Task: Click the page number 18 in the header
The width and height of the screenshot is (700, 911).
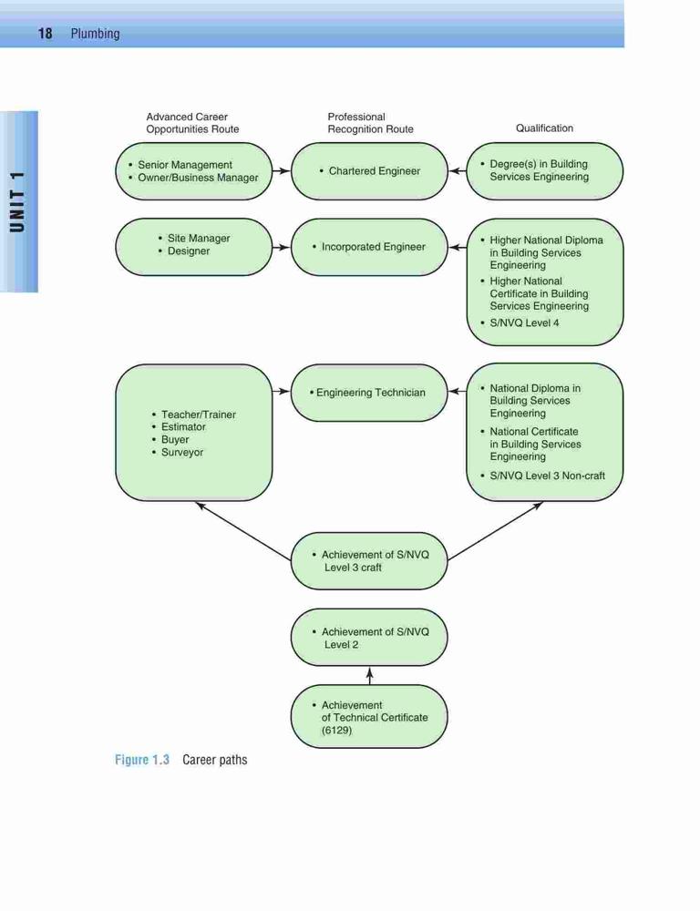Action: tap(45, 34)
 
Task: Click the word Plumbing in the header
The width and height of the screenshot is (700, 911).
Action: tap(96, 34)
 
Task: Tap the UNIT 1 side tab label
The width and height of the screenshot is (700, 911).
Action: tap(18, 202)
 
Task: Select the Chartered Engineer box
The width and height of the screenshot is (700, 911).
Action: tap(369, 171)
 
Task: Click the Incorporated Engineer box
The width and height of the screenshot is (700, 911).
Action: tap(369, 247)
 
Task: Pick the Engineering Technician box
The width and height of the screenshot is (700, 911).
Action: tap(369, 393)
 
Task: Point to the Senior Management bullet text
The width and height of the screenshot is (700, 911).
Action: tap(185, 165)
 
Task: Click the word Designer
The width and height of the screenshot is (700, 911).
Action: tap(189, 251)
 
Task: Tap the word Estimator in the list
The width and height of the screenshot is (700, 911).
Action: tap(183, 426)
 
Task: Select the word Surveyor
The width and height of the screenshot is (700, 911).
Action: tap(182, 452)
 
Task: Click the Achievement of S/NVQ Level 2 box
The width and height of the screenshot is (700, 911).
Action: tap(369, 638)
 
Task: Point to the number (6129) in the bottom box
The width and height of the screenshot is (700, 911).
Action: tap(336, 731)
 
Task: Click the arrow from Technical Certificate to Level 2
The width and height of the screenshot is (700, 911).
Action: tap(370, 676)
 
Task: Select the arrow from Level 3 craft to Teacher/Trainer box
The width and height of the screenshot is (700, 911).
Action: tap(243, 531)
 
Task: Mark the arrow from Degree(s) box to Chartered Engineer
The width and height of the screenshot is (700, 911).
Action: tap(458, 171)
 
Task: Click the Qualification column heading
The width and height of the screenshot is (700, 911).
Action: tap(544, 128)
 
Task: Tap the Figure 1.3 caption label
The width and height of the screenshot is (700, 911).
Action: tap(142, 760)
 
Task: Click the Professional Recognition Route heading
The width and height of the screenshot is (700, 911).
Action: tap(370, 123)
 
